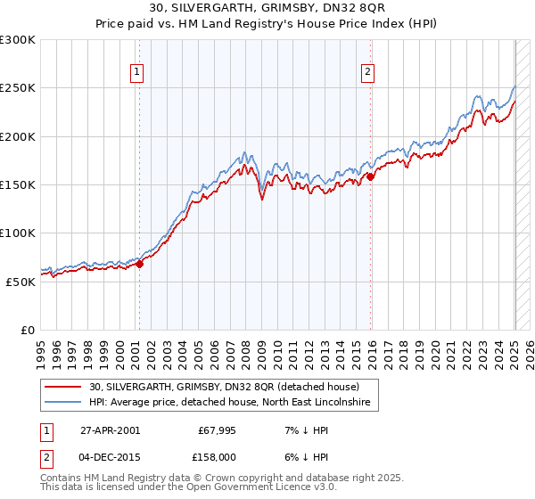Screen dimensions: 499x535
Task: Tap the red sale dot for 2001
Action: [140, 264]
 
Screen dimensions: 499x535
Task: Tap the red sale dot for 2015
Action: [371, 176]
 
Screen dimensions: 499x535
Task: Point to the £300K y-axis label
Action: [18, 40]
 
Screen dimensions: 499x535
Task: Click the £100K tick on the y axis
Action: [18, 233]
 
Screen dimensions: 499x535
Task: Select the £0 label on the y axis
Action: [27, 330]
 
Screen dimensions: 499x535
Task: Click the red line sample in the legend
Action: [62, 388]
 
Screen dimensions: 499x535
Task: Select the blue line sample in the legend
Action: [62, 403]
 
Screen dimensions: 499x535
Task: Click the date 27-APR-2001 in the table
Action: [111, 430]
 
